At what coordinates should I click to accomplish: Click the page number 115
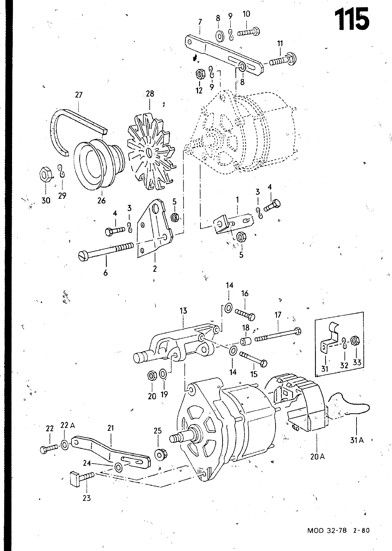pyautogui.click(x=352, y=19)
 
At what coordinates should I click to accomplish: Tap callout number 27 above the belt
pyautogui.click(x=79, y=95)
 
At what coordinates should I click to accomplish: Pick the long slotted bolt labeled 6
pyautogui.click(x=106, y=251)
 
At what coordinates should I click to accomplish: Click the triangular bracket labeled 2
pyautogui.click(x=154, y=229)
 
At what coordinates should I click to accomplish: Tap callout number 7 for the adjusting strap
pyautogui.click(x=200, y=22)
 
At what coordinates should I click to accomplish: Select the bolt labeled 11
pyautogui.click(x=283, y=60)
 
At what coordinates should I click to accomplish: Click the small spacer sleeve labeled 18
pyautogui.click(x=245, y=341)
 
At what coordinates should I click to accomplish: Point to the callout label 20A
pyautogui.click(x=318, y=457)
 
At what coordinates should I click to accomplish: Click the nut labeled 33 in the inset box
pyautogui.click(x=354, y=341)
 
